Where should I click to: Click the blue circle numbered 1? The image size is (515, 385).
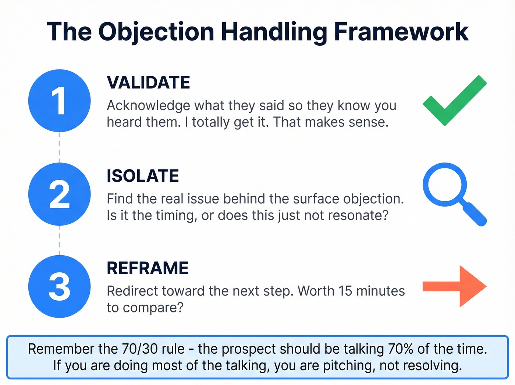[59, 101]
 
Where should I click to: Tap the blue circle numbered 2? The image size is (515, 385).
[59, 194]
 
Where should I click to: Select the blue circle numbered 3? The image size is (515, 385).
[59, 287]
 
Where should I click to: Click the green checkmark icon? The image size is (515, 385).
[455, 101]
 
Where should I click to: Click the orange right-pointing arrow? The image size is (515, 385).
[455, 286]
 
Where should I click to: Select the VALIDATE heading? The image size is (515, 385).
[148, 83]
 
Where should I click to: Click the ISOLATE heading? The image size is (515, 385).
[143, 176]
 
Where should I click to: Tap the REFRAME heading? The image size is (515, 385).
[148, 268]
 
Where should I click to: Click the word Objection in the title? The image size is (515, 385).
[156, 32]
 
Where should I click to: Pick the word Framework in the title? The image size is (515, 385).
[401, 32]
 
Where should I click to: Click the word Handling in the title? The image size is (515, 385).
[274, 32]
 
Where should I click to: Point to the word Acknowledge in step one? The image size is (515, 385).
[148, 106]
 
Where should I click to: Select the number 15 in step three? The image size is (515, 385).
[345, 291]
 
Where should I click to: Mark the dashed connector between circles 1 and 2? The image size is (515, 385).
[60, 147]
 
